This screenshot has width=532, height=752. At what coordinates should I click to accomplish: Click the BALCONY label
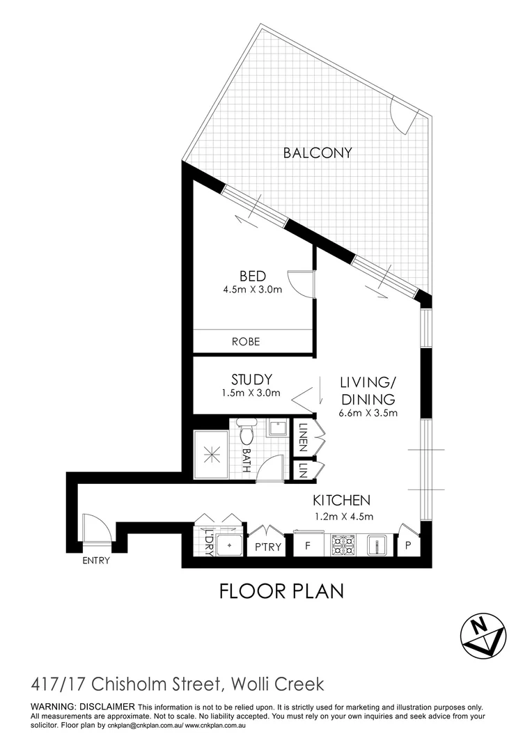(x=318, y=152)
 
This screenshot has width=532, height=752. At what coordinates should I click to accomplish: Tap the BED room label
(x=252, y=276)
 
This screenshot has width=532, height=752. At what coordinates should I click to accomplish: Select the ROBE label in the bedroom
(x=247, y=342)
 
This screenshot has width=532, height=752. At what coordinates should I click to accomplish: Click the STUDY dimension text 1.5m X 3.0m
(x=251, y=393)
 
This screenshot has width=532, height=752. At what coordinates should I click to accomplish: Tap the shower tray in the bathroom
(x=211, y=455)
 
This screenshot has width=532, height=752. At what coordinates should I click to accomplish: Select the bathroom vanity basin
(x=277, y=428)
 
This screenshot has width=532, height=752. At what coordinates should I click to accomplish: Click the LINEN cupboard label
(x=303, y=437)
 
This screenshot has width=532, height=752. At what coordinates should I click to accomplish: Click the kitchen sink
(x=376, y=545)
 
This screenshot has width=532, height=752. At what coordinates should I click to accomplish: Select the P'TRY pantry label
(x=269, y=547)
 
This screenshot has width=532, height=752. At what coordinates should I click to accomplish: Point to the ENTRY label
(x=95, y=561)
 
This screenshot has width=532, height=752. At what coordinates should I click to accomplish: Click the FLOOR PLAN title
(x=281, y=591)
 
